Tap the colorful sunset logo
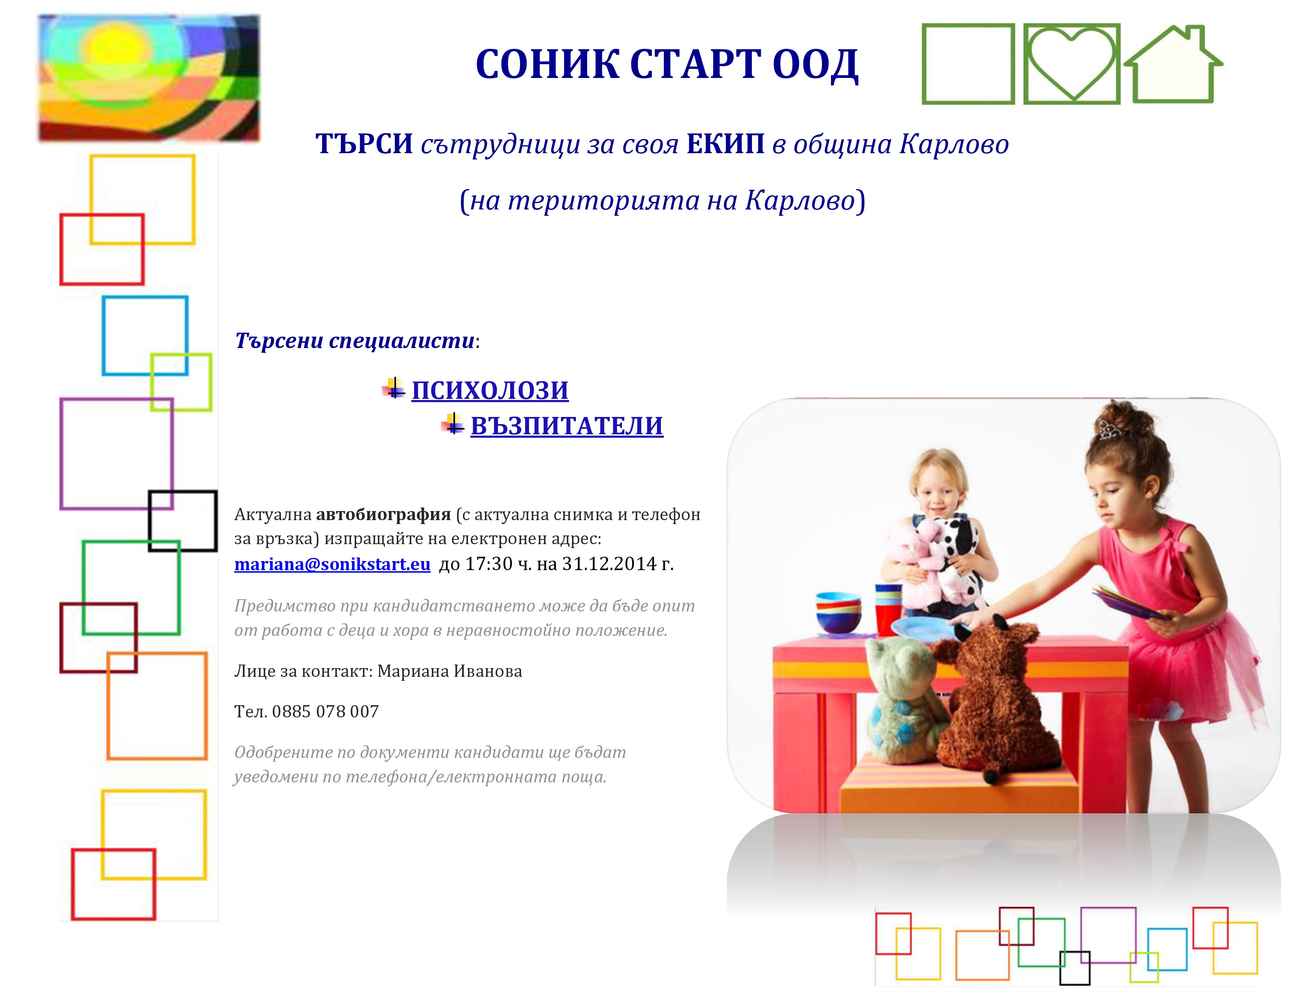(149, 78)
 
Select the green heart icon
(1072, 64)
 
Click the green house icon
(1173, 64)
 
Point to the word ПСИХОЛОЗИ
(490, 390)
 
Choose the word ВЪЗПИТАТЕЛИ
(567, 426)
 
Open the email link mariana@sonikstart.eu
(333, 563)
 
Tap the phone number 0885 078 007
(326, 711)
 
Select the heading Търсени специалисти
(355, 341)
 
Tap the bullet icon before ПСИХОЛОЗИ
(394, 388)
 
